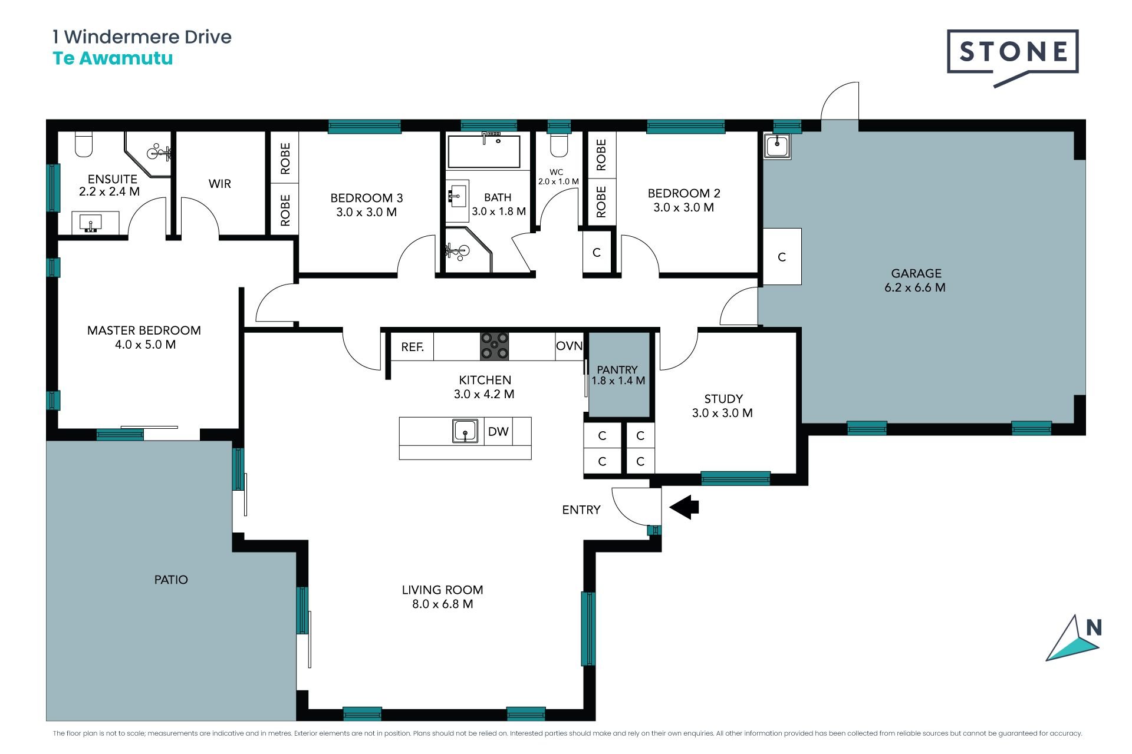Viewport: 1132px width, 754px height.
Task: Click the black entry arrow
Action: pos(684,507)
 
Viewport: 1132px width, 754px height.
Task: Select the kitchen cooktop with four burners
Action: pos(494,346)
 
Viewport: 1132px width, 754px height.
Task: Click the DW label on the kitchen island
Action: pos(498,431)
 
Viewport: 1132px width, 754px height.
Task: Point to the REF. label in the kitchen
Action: pos(413,347)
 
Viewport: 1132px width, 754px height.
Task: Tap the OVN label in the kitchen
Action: pos(569,346)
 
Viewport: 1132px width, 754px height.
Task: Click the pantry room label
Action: pos(618,375)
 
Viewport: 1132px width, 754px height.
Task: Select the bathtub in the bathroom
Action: pos(484,151)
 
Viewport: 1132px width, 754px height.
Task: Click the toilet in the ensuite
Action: pos(84,144)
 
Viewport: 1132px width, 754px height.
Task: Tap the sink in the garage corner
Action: pos(777,145)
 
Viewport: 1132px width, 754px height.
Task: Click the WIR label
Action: pos(219,184)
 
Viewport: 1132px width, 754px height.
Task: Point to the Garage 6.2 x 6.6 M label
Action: pos(916,280)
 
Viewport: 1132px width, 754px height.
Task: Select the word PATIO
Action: pos(171,580)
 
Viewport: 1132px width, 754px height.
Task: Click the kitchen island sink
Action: pos(465,431)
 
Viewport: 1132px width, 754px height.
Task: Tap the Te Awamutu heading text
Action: pos(113,58)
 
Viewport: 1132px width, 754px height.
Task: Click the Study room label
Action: pos(723,406)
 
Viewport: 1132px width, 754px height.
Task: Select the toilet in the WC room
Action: pos(558,144)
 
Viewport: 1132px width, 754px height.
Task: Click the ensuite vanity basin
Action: pos(91,223)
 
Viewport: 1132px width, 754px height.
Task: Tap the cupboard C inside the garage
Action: pos(782,257)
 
